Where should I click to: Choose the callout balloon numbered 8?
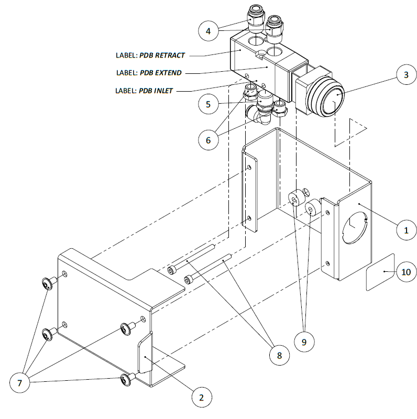(278, 355)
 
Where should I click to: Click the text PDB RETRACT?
(162, 55)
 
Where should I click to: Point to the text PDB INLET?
(156, 90)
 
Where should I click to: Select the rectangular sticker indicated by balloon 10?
(379, 272)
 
